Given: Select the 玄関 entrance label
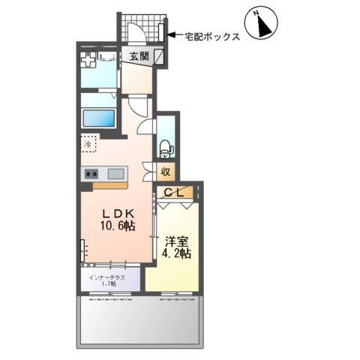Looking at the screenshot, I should tap(138, 56).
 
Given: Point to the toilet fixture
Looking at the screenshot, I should tap(166, 146).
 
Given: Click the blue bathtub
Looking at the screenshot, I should tap(98, 118).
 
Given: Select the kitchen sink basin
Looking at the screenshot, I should tap(116, 174).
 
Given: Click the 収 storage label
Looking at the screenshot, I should tap(166, 172).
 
